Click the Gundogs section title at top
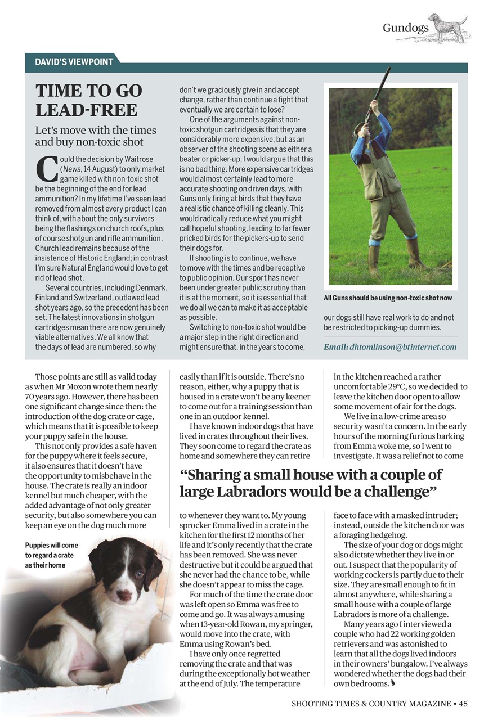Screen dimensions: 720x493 click(405, 28)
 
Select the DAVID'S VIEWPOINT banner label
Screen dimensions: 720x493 click(74, 62)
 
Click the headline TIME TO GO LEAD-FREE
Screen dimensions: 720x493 click(89, 100)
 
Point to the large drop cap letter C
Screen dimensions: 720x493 click(46, 168)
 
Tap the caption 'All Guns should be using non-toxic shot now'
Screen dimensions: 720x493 click(387, 298)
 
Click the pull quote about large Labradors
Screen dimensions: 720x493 click(311, 483)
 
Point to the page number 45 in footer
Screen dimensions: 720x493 click(463, 703)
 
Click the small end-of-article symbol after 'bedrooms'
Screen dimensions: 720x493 click(393, 682)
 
